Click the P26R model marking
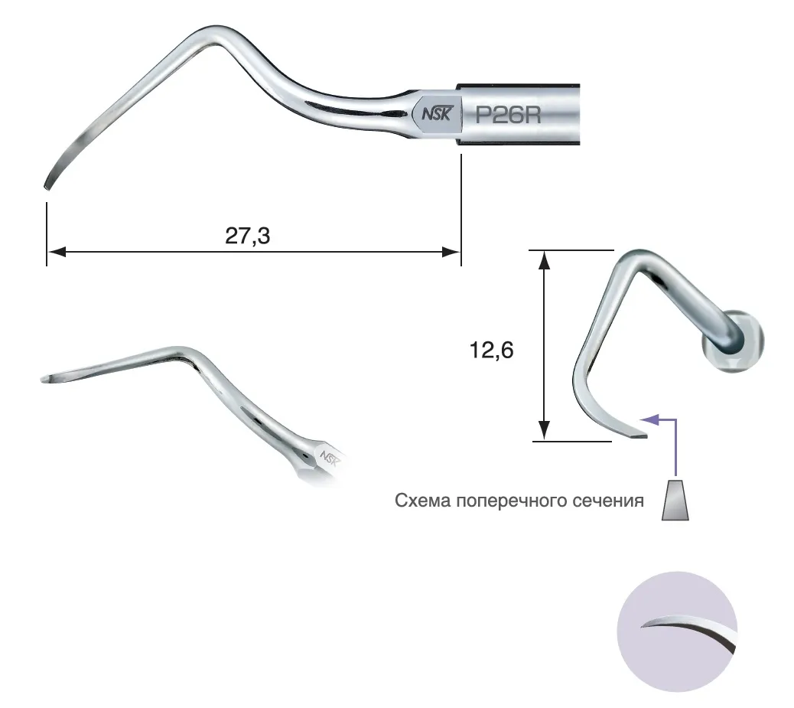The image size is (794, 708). (x=508, y=115)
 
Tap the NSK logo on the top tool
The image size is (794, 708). (x=436, y=113)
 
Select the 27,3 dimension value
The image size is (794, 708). (x=248, y=236)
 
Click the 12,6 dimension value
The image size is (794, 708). (x=491, y=351)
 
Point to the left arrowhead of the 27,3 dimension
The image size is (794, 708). (x=56, y=251)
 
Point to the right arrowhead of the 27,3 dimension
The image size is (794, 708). (x=451, y=251)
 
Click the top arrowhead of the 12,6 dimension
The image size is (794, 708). (x=544, y=260)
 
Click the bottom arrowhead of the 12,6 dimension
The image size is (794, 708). (x=544, y=430)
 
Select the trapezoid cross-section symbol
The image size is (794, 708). (x=675, y=500)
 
